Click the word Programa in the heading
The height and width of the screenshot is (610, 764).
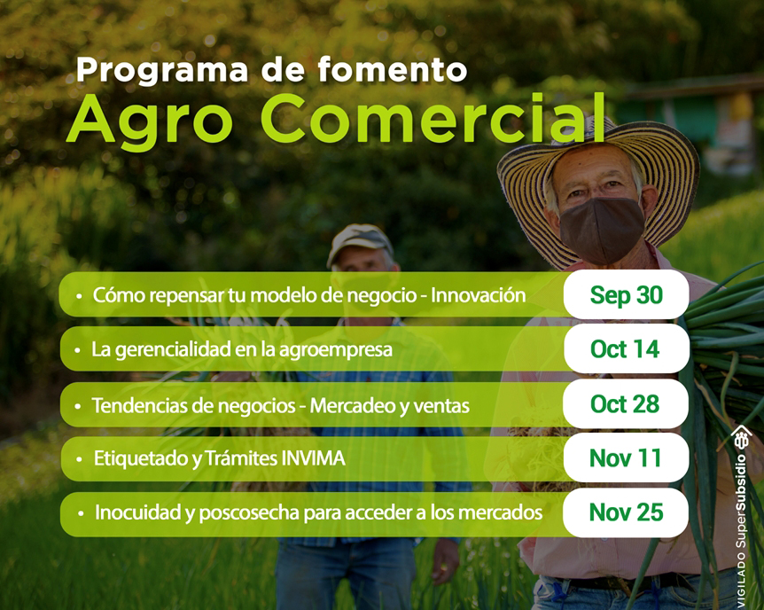coord(162,71)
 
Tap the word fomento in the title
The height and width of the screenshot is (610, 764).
coord(393,69)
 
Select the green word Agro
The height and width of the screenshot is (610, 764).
coord(150,121)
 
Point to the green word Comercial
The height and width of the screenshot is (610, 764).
coord(433,118)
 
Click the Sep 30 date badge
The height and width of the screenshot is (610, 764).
coord(626,295)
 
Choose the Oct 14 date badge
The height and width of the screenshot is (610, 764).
coord(627,349)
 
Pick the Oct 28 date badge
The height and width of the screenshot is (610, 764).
coord(626,404)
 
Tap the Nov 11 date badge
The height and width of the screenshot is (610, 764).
coord(626,457)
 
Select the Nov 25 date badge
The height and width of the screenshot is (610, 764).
coord(626,512)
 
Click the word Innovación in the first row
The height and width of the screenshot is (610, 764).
coord(478,295)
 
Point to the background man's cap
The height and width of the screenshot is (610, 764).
coord(360,241)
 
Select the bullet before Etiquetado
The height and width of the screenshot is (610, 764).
coord(79,459)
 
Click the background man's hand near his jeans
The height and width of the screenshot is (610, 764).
coord(445,560)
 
